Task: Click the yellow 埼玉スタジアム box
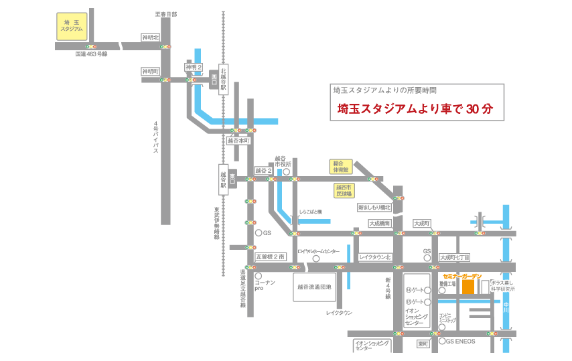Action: [x=72, y=25]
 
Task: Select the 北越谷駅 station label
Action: [x=224, y=78]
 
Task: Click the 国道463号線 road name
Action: [x=91, y=54]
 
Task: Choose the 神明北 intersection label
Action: [x=150, y=38]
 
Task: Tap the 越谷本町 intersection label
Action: [x=238, y=141]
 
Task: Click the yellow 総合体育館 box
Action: [x=340, y=166]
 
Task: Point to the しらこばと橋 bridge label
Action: [x=311, y=212]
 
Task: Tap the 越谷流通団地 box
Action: [x=314, y=287]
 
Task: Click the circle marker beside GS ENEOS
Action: [x=441, y=341]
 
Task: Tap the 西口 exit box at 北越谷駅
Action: [x=214, y=78]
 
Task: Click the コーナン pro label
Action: [x=265, y=287]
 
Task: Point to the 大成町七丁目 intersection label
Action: [x=455, y=257]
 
